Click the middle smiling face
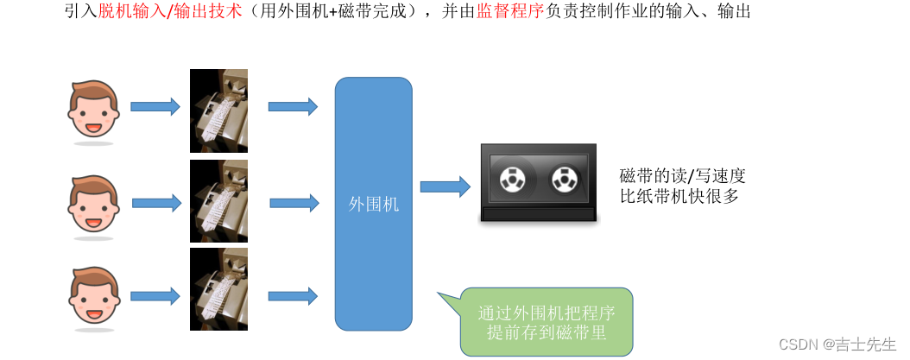pos(93,205)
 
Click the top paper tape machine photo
pos(218,111)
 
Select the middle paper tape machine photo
pos(218,200)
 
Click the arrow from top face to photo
pos(155,107)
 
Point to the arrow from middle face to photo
pos(156,204)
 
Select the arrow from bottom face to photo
pos(155,296)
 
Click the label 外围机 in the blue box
pos(373,205)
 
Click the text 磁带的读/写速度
pos(682,176)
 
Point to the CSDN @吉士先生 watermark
pos(837,344)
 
